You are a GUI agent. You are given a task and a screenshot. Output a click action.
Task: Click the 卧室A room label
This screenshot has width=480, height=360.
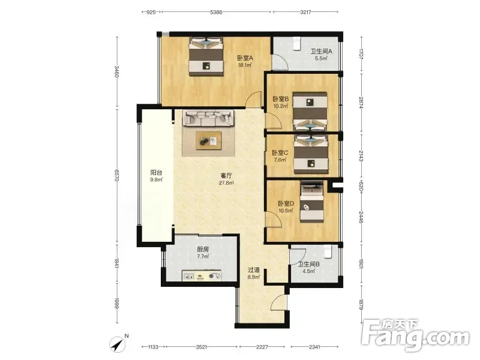tap(245, 58)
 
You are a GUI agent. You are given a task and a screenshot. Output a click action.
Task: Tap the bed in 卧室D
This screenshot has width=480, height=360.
tap(311, 202)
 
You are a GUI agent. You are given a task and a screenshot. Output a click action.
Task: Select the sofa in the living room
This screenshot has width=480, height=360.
tap(208, 118)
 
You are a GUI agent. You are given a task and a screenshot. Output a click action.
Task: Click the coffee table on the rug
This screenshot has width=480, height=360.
tap(208, 140)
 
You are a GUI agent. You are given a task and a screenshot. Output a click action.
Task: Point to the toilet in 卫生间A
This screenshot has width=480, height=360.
tap(296, 43)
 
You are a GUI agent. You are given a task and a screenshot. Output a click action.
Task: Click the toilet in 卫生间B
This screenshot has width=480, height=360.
tap(328, 253)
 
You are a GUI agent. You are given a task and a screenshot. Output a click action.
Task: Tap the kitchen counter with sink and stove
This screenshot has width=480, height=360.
tap(202, 275)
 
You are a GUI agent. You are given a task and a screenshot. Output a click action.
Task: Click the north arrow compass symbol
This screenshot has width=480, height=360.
tap(118, 344)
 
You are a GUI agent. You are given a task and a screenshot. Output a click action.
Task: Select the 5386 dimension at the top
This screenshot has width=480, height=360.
tap(216, 12)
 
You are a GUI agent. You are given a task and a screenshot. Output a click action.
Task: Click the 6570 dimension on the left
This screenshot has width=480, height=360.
tap(116, 175)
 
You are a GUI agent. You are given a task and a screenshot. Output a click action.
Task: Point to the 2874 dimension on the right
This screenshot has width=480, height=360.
tap(361, 103)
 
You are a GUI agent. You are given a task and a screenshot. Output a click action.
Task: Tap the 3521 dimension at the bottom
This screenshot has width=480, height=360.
tap(201, 347)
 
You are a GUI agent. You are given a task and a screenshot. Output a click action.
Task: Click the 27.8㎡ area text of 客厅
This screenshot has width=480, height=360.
tap(226, 183)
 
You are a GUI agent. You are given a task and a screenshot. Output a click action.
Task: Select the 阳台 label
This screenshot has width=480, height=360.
tap(156, 173)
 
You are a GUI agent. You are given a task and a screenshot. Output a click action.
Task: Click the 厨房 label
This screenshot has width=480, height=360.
tap(203, 250)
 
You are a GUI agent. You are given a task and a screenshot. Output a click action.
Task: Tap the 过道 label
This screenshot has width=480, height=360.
tap(254, 270)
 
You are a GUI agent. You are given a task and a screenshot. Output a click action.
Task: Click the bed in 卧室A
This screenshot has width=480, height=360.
tap(206, 56)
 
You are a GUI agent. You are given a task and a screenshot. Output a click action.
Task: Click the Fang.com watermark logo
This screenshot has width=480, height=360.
tap(415, 335)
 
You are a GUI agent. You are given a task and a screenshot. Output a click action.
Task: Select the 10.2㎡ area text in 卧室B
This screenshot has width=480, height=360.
tap(281, 106)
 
